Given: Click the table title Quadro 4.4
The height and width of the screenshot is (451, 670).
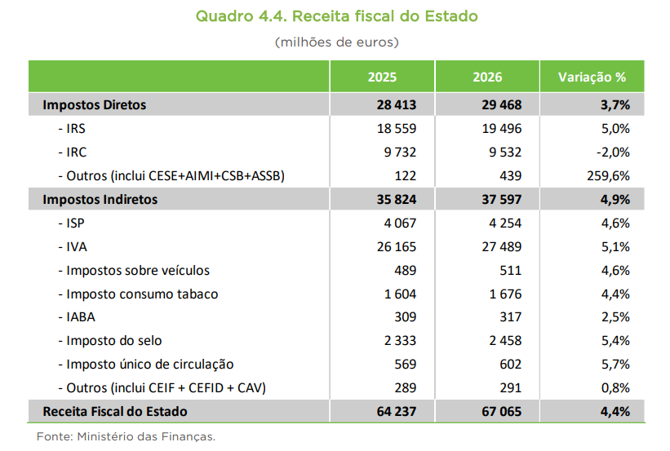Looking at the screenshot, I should (x=336, y=16).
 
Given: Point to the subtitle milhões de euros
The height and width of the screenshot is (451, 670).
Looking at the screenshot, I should (x=336, y=41).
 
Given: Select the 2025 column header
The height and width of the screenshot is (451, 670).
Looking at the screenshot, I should (x=382, y=77).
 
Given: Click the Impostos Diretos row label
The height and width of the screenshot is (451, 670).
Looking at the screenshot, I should (x=95, y=105).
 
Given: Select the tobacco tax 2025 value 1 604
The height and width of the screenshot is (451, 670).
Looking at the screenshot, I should (x=400, y=294).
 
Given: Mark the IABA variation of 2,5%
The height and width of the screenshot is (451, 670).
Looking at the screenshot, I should (x=615, y=317).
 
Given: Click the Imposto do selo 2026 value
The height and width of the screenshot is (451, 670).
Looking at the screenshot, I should (x=499, y=341).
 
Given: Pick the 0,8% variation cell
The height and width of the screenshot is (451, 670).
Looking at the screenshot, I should (x=615, y=388).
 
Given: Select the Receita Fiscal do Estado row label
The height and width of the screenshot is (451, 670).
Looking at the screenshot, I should (x=115, y=412).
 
